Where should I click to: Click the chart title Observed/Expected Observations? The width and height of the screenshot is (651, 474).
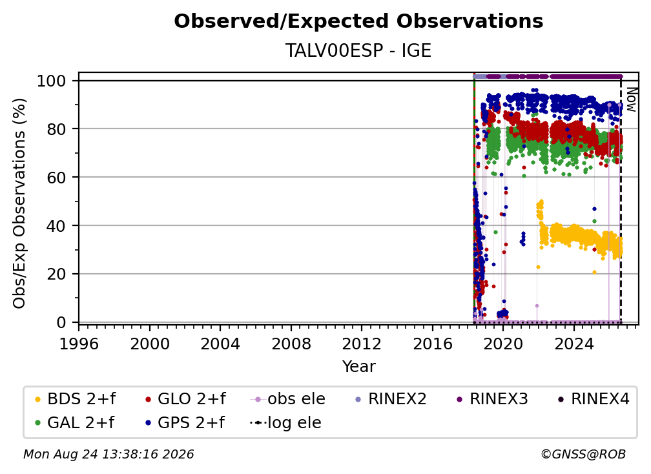coord(358,21)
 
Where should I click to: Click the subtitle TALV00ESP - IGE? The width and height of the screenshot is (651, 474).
coord(358,50)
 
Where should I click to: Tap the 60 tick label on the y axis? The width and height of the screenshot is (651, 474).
coord(56,178)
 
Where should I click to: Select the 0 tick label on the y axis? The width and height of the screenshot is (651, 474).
coord(61,322)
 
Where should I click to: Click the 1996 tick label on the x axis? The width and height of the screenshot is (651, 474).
coord(79,344)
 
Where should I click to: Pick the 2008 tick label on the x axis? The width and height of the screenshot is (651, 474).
coord(291,344)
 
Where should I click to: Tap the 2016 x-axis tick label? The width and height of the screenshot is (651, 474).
coord(433,344)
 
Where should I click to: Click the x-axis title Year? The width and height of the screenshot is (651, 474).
coord(358,367)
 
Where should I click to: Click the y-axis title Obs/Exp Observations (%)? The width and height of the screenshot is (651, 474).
coord(19,203)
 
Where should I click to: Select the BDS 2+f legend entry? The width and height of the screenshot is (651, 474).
coord(75,399)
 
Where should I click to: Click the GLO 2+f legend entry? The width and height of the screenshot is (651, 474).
coord(185,399)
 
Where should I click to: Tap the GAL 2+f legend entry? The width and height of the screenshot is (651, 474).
coord(74,423)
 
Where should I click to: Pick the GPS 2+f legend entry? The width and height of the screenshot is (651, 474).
coord(185,423)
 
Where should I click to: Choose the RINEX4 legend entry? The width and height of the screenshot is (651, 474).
coord(594,399)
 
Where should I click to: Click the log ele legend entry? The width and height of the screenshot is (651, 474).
coord(285,423)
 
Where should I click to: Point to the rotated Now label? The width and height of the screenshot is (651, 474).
coord(630,99)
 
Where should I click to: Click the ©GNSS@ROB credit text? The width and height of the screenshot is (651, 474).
coord(583,455)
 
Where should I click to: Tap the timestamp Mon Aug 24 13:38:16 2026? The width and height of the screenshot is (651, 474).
coord(108,455)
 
